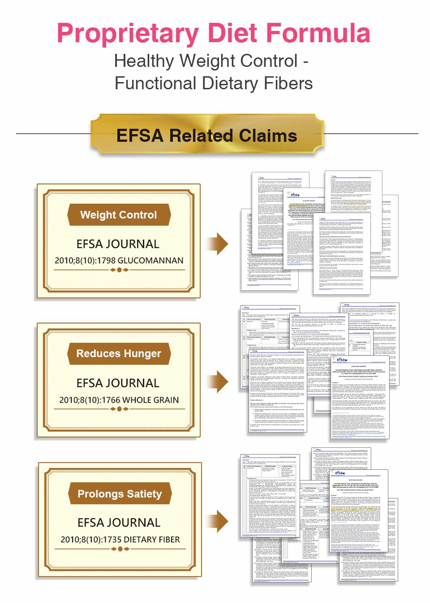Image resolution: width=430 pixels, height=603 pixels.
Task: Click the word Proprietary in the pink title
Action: (128, 33)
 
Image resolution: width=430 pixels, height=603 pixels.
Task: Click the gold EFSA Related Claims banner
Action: (207, 135)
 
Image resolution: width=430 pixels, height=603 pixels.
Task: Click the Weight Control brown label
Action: (119, 215)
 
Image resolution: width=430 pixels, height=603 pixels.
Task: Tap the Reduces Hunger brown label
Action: (119, 354)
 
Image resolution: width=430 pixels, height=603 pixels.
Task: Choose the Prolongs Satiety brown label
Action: (120, 494)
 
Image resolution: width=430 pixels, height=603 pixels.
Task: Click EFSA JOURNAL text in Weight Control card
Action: (118, 244)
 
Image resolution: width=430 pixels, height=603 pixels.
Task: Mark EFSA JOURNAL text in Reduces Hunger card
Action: (118, 383)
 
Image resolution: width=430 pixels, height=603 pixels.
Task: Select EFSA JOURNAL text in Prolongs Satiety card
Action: (119, 523)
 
